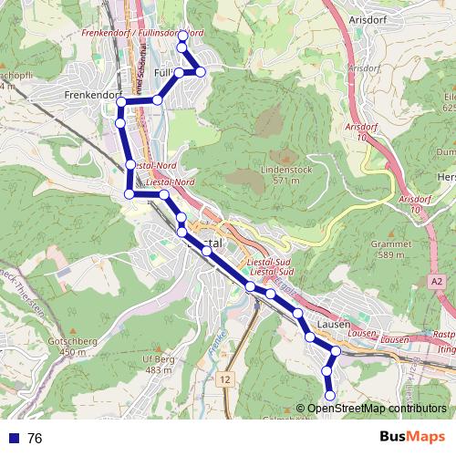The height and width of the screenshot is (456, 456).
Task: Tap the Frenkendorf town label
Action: click(90, 94)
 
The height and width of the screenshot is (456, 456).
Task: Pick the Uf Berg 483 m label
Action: click(158, 365)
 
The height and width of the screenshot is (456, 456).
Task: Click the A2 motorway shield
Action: click(437, 283)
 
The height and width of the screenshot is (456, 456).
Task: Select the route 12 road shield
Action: click(225, 377)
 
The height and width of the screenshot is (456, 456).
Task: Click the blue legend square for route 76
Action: click(14, 438)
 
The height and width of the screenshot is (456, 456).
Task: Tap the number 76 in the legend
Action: click(35, 438)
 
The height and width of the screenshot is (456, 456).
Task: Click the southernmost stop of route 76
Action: click(329, 395)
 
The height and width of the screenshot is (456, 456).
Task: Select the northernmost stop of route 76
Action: click(182, 36)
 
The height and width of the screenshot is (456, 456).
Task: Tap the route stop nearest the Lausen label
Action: click(310, 337)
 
